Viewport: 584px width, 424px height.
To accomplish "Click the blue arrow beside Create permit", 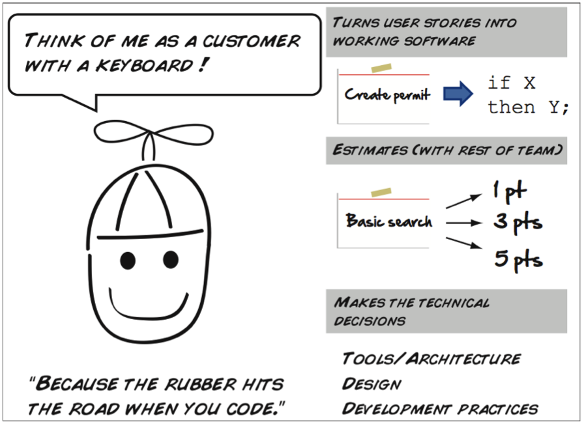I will click(458, 94).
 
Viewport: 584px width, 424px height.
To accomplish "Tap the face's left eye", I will click(128, 260).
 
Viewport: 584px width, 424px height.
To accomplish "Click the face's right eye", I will click(171, 259).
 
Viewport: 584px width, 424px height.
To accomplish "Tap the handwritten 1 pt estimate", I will click(509, 191).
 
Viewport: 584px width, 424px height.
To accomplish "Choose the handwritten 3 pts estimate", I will click(518, 222).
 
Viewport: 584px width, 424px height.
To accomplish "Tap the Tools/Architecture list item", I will click(431, 359).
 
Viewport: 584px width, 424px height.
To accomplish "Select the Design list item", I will click(372, 384).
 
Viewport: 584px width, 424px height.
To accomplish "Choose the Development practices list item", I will click(440, 408).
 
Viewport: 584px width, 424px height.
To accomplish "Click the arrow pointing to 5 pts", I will click(462, 244).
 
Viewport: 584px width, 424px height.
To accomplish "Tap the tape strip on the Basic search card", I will click(381, 192).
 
